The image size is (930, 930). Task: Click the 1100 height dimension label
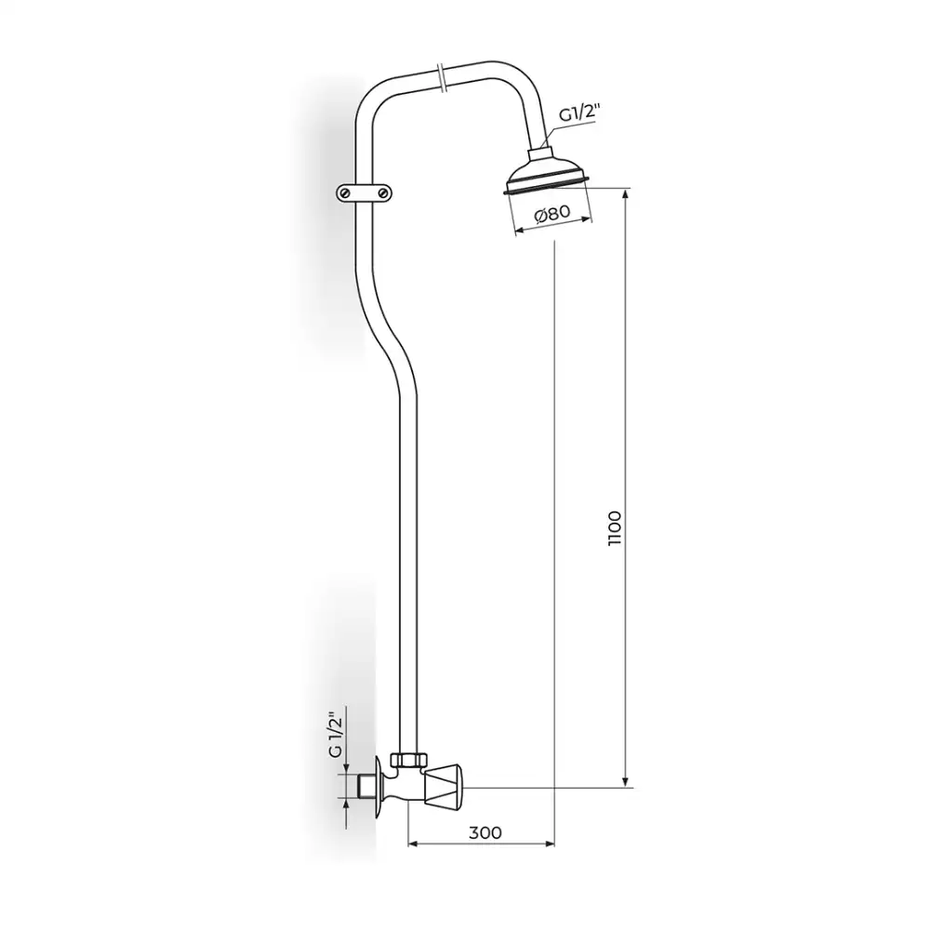615,528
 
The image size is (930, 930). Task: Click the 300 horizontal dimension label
485,832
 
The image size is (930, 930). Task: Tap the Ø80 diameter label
552,214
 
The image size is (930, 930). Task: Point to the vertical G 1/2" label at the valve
336,735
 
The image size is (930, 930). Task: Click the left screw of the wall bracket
345,193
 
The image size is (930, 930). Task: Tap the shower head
547,173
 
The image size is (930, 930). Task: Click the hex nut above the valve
408,760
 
